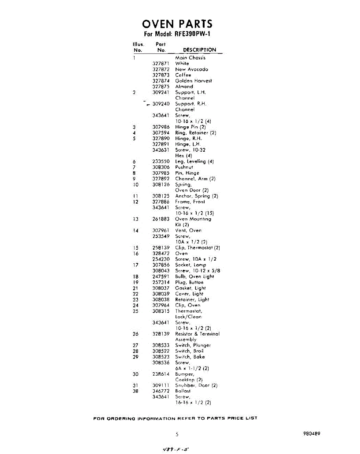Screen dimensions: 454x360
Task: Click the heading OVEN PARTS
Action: pos(177,24)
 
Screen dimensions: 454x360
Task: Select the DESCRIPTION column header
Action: pos(199,50)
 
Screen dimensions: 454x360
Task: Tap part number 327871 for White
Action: pos(161,64)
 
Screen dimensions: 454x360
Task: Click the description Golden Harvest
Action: pos(193,81)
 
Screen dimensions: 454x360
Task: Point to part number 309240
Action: pos(161,104)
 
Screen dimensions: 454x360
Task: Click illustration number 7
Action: pos(134,167)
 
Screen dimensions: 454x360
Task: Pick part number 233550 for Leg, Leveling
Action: pos(161,162)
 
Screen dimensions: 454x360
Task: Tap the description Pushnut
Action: pos(184,167)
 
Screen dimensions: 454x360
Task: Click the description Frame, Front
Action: pos(190,202)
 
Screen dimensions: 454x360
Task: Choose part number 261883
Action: pos(161,219)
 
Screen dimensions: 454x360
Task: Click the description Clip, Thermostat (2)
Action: pos(197,248)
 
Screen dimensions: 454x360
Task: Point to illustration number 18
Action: pos(136,277)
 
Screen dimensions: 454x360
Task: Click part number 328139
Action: pos(161,334)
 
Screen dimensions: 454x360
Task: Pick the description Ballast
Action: pos(183,391)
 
